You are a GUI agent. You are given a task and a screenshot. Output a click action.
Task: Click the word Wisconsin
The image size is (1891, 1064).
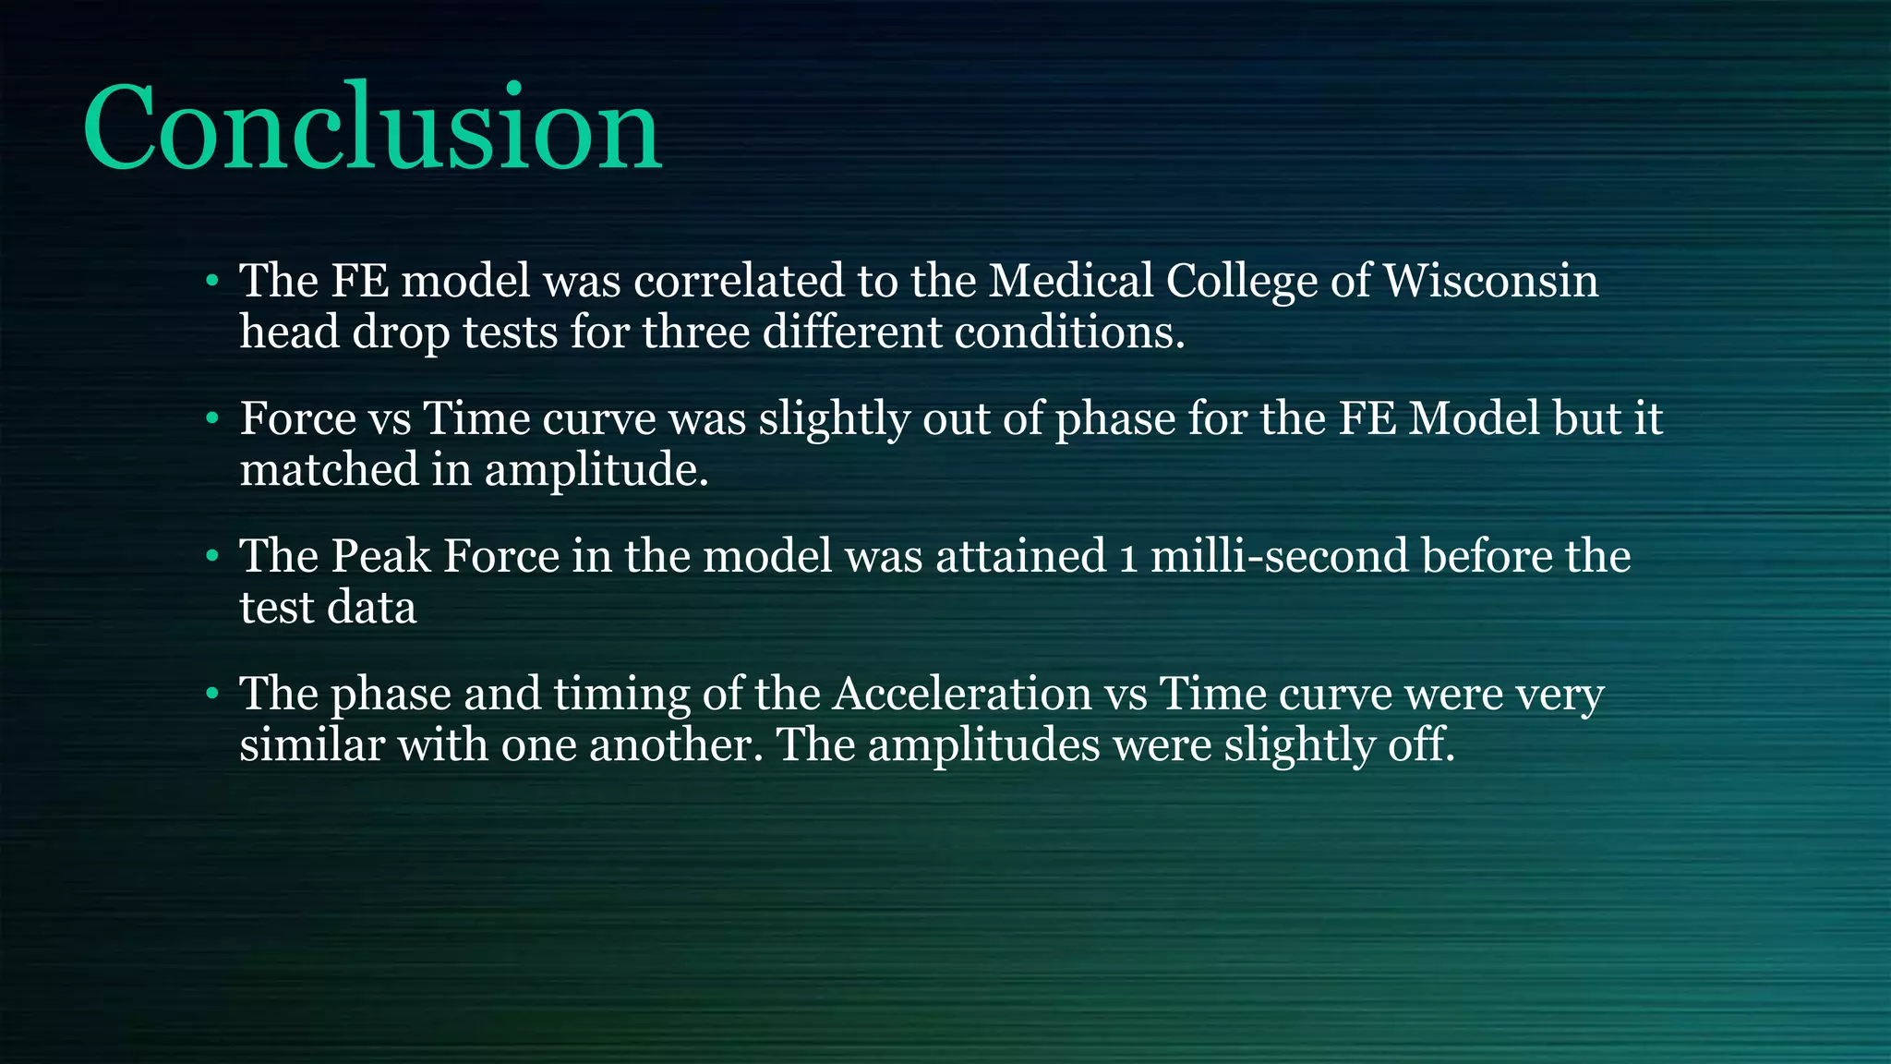click(x=1490, y=281)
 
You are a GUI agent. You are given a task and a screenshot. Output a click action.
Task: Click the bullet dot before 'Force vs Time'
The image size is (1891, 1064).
click(x=212, y=419)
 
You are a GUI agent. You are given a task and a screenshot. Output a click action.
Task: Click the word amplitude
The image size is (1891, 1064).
click(x=596, y=470)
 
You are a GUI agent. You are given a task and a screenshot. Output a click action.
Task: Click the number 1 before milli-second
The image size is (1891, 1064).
click(x=1127, y=558)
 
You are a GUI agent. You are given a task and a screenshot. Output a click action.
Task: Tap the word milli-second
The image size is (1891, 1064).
click(x=1280, y=556)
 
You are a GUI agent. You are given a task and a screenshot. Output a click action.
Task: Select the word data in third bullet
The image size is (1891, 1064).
click(x=376, y=608)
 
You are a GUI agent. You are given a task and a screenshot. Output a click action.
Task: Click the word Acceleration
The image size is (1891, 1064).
click(x=961, y=694)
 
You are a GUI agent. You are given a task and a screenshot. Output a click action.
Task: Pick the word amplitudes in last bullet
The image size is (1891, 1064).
click(x=983, y=744)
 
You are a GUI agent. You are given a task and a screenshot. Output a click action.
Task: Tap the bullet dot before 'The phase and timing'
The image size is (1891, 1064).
click(x=212, y=694)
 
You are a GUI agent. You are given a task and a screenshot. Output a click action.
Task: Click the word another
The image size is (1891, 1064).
click(x=676, y=744)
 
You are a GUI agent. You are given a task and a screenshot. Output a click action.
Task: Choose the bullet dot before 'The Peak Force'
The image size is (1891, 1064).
click(x=212, y=556)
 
